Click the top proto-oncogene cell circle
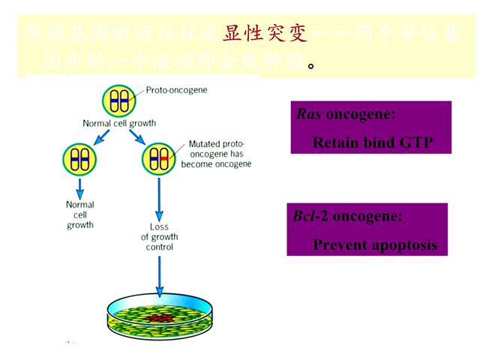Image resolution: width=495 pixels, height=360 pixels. coord(116,100)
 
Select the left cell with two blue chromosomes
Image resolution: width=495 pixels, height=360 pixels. coord(79,158)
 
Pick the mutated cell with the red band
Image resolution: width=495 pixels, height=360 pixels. coord(158,158)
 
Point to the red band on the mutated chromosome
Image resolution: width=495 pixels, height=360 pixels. coord(164,158)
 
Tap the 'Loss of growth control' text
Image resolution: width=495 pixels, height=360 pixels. coord(159,237)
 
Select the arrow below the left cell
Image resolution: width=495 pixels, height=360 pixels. coord(79,187)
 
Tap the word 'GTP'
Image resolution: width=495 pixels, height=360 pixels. coord(417,142)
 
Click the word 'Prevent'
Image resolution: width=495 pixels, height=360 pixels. coord(337,244)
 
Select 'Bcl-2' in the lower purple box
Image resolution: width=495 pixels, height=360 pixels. coord(310,217)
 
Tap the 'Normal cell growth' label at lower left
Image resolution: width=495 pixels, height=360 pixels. coord(79,214)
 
